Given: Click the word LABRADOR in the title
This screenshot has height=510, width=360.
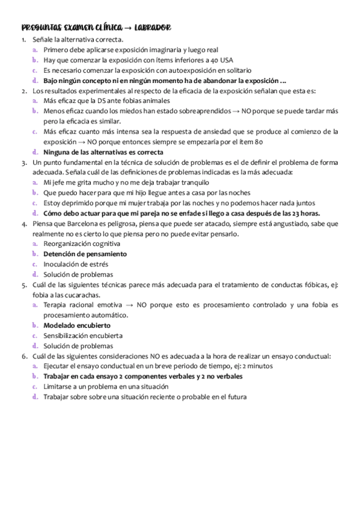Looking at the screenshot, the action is click(x=154, y=28).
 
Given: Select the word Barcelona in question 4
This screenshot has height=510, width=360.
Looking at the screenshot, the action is click(x=67, y=223).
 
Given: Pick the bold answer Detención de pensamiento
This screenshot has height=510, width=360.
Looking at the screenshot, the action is click(x=85, y=254).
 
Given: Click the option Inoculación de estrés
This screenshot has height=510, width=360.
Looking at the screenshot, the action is click(x=76, y=264).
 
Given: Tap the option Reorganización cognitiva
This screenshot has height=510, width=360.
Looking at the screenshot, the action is click(x=82, y=244).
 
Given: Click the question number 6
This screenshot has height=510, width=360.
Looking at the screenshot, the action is click(x=23, y=356).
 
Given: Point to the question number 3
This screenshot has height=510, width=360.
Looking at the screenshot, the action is click(x=23, y=162).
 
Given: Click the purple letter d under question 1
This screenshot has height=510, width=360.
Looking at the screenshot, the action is click(x=36, y=80).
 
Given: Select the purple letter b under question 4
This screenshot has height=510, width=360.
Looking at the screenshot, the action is click(x=36, y=254).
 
